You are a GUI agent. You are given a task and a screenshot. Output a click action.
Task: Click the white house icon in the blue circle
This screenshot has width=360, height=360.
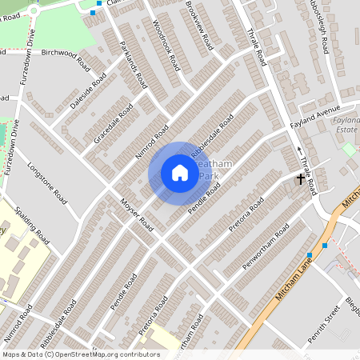pos(180,173)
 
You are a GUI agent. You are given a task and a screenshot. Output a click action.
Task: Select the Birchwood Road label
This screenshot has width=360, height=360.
pos(68,53)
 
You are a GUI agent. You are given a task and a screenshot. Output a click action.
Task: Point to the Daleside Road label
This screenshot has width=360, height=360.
pos(89,94)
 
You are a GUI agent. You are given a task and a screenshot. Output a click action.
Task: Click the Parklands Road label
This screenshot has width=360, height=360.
pos(133,63)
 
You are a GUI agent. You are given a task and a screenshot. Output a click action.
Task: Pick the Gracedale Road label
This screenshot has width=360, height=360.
pos(112,126)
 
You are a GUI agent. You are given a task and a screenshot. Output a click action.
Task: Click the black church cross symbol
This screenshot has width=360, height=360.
pos(301,179)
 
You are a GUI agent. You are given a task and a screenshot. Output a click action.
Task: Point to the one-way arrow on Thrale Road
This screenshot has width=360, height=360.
pos(300,150)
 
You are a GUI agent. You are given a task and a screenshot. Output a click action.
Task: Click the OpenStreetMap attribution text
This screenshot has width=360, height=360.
pos(80,354)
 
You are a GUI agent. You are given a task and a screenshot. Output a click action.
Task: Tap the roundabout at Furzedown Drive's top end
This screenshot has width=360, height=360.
pos(34,11)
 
